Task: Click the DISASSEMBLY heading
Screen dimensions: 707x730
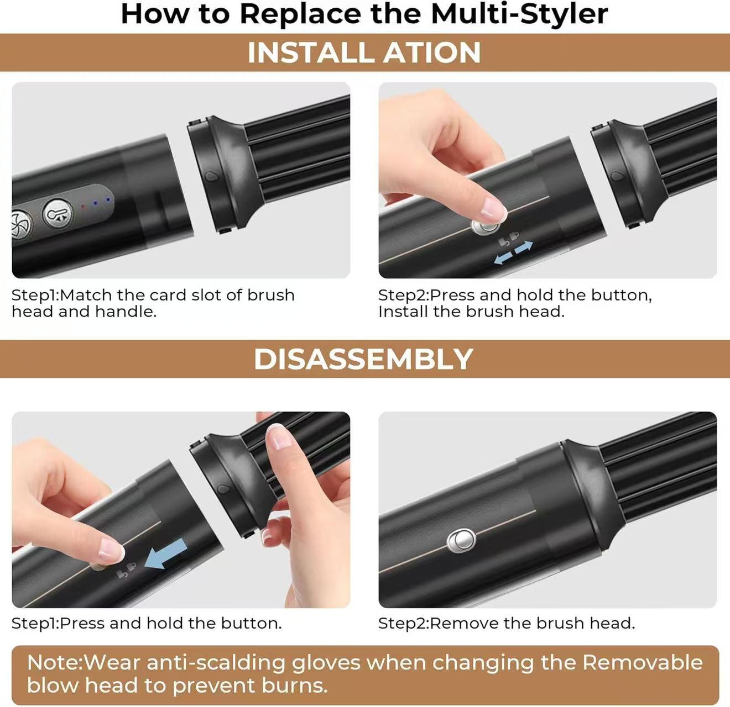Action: [x=363, y=359]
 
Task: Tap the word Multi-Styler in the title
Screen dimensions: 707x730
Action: [x=519, y=14]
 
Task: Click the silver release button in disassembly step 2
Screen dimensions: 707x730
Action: [x=461, y=541]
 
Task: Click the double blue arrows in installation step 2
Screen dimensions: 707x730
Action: [x=513, y=252]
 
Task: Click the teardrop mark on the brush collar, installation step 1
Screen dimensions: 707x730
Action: [x=210, y=176]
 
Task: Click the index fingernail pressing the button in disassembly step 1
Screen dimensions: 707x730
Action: [x=112, y=551]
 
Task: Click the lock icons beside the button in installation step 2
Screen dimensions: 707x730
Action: [x=508, y=239]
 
